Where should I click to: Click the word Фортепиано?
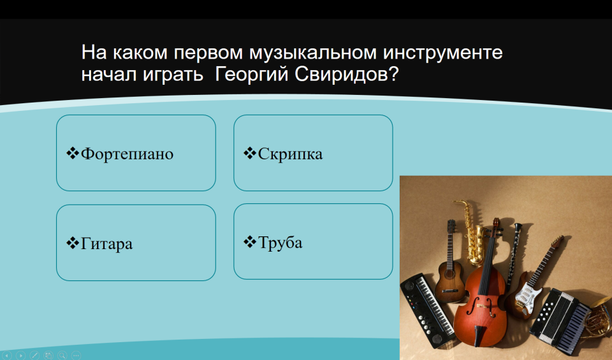tap(127, 154)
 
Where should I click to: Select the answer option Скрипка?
tap(291, 154)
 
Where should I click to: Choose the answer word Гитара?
tap(106, 244)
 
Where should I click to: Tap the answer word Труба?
tap(280, 243)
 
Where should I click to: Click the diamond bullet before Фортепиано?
tap(73, 153)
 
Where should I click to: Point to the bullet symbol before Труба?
tap(250, 242)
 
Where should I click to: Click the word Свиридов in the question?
tap(346, 74)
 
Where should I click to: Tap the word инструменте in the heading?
tap(442, 53)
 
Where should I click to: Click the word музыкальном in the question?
tap(312, 53)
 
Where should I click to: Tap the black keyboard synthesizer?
tap(427, 310)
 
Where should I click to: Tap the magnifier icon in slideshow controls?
tap(62, 356)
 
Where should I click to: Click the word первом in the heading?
tap(208, 54)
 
